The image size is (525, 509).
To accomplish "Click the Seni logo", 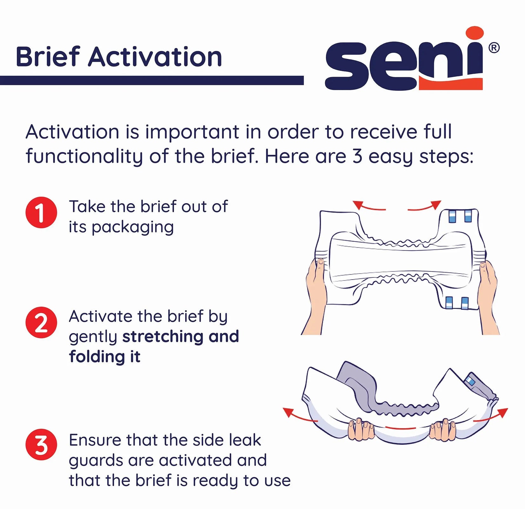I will click(x=403, y=65).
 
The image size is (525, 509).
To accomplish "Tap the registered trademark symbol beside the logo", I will click(x=494, y=48).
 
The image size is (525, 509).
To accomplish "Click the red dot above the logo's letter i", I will click(x=475, y=33).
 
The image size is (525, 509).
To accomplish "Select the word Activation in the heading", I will click(x=155, y=57).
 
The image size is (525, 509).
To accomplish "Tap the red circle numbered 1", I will click(x=41, y=213).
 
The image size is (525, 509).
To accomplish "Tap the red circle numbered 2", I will click(x=41, y=322).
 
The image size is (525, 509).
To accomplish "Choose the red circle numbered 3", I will click(x=41, y=444).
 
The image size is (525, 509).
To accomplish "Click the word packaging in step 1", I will click(x=133, y=228).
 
